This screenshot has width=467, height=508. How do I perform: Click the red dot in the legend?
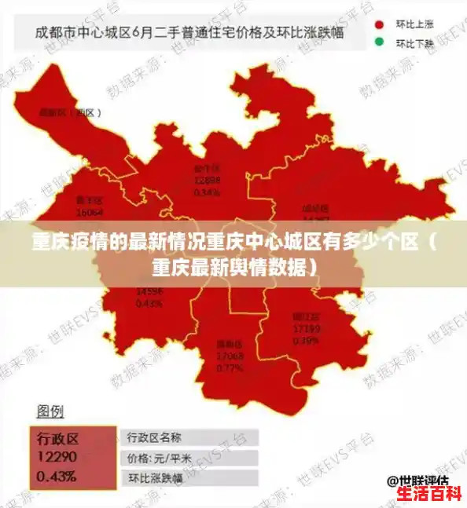(x=379, y=25)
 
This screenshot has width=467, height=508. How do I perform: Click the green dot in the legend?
(x=379, y=42)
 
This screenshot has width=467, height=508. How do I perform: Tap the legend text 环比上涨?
(x=414, y=25)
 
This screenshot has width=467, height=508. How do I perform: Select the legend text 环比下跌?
(x=414, y=43)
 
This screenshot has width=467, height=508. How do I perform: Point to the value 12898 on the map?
(x=207, y=180)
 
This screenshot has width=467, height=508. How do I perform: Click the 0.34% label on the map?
(x=207, y=191)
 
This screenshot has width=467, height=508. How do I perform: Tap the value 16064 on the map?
(x=90, y=212)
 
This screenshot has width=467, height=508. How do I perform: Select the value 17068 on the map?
(x=230, y=356)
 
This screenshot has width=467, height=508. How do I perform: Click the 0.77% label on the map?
(x=230, y=367)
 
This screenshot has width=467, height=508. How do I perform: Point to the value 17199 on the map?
(x=306, y=327)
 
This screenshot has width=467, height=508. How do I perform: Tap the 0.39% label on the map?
(x=306, y=339)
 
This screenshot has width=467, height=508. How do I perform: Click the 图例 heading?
(x=50, y=411)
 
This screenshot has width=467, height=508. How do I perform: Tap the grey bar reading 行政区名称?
(x=189, y=437)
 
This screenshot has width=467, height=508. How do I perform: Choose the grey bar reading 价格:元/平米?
(x=189, y=458)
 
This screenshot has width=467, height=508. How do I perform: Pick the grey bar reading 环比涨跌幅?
(x=189, y=477)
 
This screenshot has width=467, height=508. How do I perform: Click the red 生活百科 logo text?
(x=428, y=495)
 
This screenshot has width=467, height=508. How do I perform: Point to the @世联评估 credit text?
(x=417, y=480)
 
